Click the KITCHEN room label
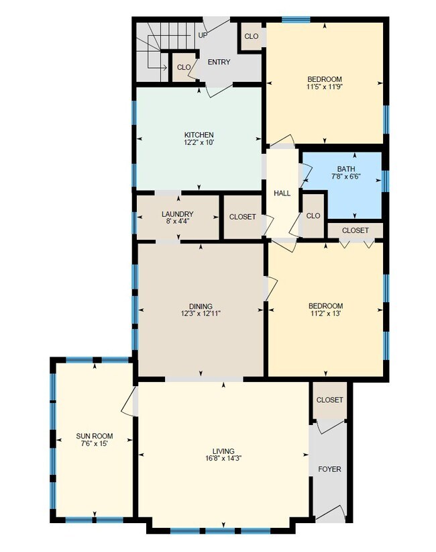[x=199, y=135]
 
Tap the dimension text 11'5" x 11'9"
[x=325, y=87]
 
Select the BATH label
[x=346, y=169]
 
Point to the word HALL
[x=282, y=193]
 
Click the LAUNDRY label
[x=177, y=214]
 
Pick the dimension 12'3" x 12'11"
[x=201, y=314]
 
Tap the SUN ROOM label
[x=94, y=436]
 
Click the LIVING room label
[x=223, y=451]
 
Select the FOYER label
[x=329, y=469]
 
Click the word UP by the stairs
[x=203, y=35]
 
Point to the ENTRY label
[x=219, y=62]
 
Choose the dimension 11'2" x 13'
[x=326, y=314]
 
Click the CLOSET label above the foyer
[x=329, y=400]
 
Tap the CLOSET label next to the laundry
[x=242, y=218]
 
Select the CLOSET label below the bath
[x=355, y=230]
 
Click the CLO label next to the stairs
[x=182, y=67]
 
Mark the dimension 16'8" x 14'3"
[x=223, y=459]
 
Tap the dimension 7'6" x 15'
[x=94, y=444]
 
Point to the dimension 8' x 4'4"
[x=177, y=222]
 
